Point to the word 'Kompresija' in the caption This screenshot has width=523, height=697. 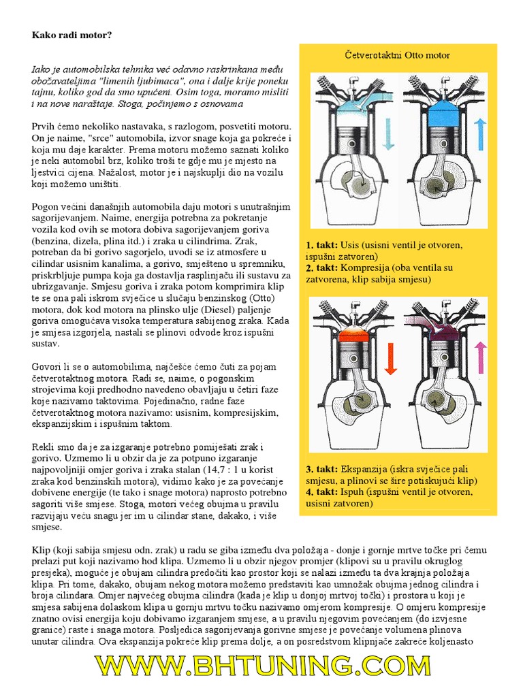pos(365,268)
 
